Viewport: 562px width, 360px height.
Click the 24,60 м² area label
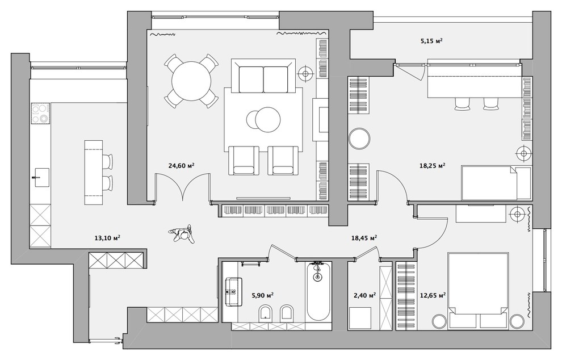[x=181, y=166]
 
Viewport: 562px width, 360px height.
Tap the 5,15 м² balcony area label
[x=431, y=41]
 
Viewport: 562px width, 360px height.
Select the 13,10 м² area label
[x=107, y=238]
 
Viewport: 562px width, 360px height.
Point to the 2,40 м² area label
[x=365, y=295]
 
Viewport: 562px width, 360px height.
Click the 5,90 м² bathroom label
[x=263, y=295]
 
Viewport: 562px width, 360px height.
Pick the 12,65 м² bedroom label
[x=433, y=295]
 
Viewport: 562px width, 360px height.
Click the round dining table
[x=191, y=81]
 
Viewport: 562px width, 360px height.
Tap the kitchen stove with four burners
[x=40, y=113]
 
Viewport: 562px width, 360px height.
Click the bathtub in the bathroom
[x=318, y=291]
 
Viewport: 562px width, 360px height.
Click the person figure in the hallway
[x=182, y=234]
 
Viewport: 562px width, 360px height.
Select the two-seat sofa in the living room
[x=263, y=76]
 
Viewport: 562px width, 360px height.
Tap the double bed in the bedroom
[x=478, y=290]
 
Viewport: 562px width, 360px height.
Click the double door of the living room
[x=183, y=186]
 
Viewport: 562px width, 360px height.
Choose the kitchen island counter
[x=94, y=173]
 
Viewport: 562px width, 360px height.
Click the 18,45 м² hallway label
[x=364, y=238]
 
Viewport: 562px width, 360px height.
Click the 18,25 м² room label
[x=432, y=166]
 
